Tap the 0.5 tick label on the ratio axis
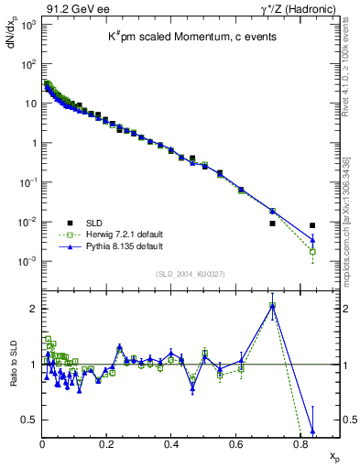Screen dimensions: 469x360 click(x=27, y=420)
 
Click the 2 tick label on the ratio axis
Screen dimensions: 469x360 click(x=31, y=309)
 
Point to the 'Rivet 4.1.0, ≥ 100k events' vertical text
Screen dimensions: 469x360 click(x=352, y=80)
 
